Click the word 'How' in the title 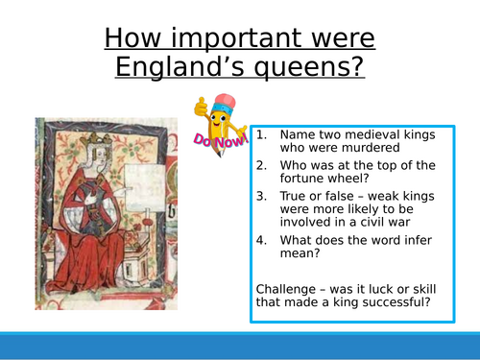tap(134, 39)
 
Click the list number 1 tap(262, 135)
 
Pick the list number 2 tap(262, 165)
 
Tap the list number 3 tap(262, 196)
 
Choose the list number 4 tap(262, 242)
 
